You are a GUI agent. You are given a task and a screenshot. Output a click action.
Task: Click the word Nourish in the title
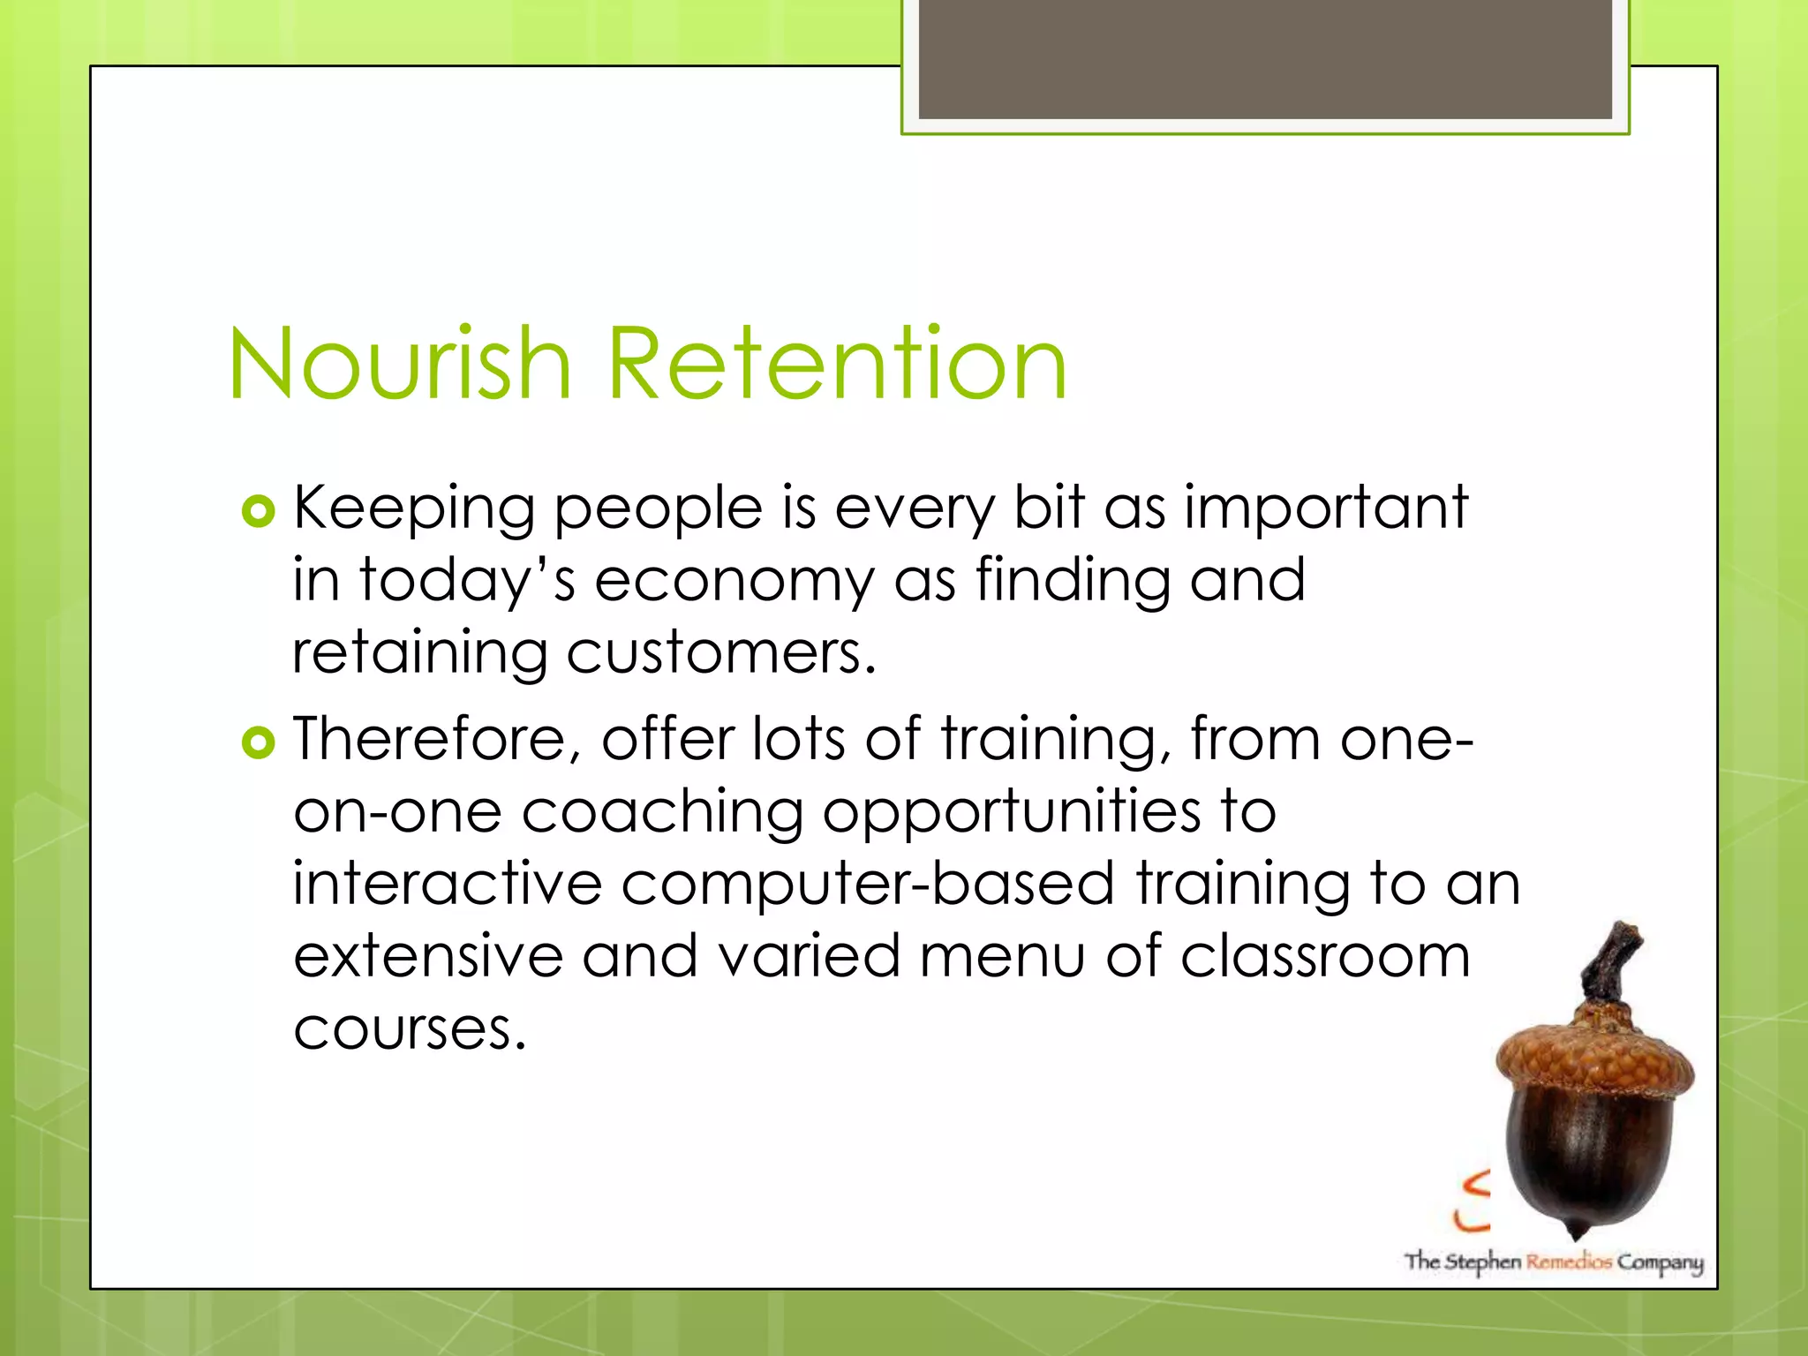[400, 363]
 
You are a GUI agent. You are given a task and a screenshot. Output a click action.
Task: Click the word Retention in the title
[837, 363]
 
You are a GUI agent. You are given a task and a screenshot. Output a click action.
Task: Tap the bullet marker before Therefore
[258, 743]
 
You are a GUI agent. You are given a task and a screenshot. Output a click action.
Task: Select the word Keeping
[414, 510]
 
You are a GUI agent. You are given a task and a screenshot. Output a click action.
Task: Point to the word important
[1325, 510]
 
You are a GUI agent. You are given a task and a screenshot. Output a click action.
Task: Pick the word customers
[721, 653]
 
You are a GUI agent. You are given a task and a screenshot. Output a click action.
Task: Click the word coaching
[662, 812]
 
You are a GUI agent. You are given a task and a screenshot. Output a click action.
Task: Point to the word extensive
[428, 956]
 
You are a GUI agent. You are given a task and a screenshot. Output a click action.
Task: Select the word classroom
[1325, 956]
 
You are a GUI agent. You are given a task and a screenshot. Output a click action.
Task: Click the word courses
[409, 1029]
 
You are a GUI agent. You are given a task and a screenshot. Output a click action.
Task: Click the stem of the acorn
[1611, 962]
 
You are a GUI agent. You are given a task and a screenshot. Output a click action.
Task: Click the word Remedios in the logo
[1569, 1262]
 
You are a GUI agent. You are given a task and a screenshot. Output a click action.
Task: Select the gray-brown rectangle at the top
[1265, 58]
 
